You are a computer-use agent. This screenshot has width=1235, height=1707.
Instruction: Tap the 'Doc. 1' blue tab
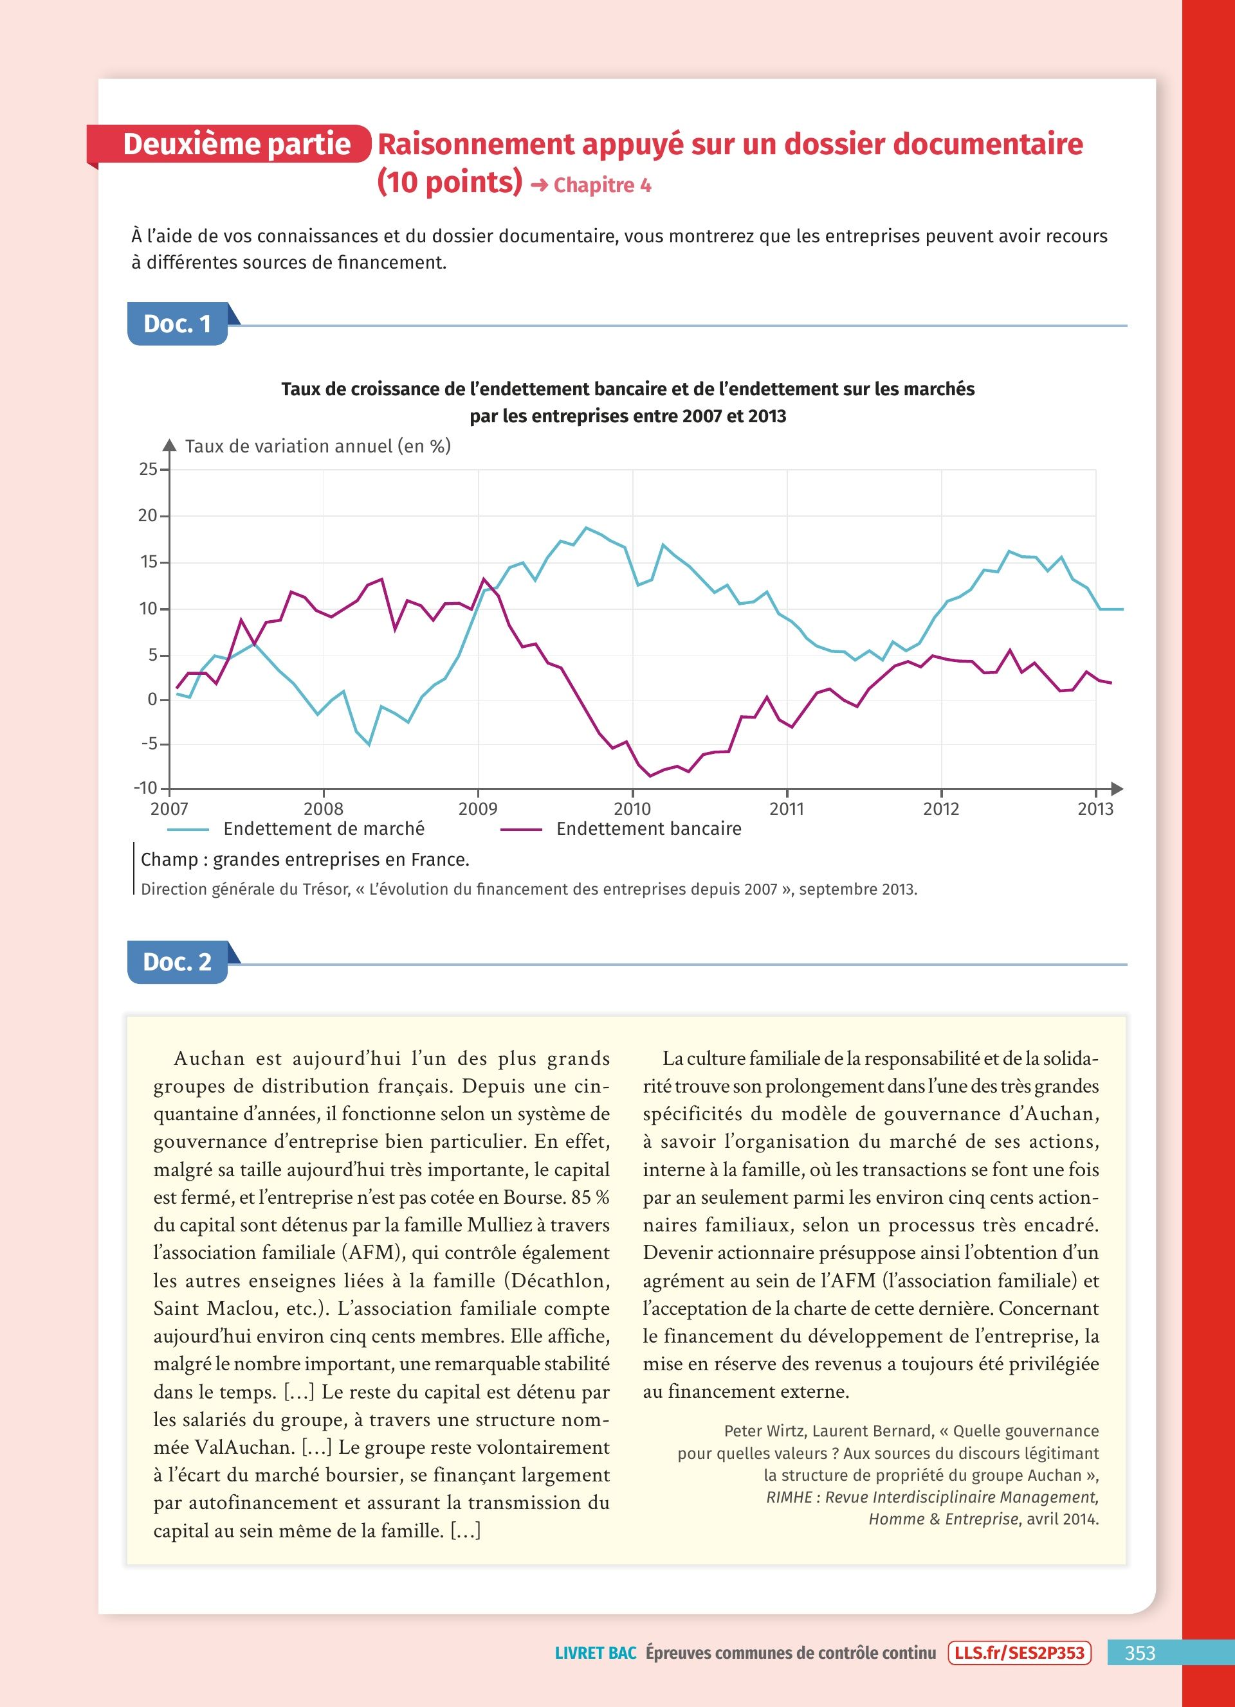pyautogui.click(x=178, y=325)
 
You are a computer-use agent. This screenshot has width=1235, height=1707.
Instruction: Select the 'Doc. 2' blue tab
pyautogui.click(x=178, y=962)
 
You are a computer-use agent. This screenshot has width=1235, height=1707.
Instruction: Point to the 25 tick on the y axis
pyautogui.click(x=149, y=470)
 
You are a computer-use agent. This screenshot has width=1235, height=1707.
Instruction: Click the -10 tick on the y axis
pyautogui.click(x=145, y=788)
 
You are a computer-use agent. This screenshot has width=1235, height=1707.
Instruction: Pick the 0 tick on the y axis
pyautogui.click(x=153, y=700)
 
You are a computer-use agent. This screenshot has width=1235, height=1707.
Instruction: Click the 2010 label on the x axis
pyautogui.click(x=632, y=809)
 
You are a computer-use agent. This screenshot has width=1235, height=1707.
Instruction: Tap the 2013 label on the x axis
pyautogui.click(x=1095, y=809)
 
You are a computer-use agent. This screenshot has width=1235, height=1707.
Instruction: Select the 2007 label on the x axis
pyautogui.click(x=169, y=809)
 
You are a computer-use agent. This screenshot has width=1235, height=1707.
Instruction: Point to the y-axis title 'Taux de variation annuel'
pyautogui.click(x=318, y=446)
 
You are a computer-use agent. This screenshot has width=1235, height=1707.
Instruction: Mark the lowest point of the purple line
pyautogui.click(x=650, y=776)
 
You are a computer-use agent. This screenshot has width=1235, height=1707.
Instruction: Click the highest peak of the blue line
pyautogui.click(x=587, y=528)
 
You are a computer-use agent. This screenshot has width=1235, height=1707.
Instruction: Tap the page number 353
pyautogui.click(x=1139, y=1653)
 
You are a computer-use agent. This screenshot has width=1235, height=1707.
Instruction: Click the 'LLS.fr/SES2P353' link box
pyautogui.click(x=1019, y=1653)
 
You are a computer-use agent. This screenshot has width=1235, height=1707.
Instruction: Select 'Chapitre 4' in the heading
pyautogui.click(x=601, y=185)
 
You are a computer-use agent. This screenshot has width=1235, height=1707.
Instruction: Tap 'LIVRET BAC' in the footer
pyautogui.click(x=595, y=1653)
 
